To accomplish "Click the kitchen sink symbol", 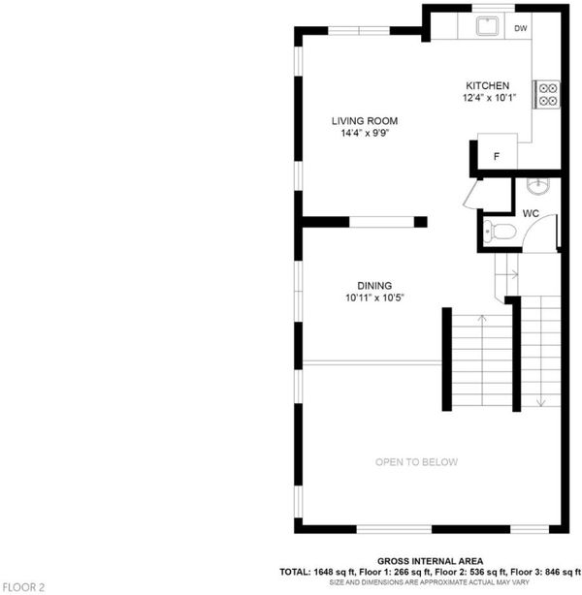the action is point(487,25).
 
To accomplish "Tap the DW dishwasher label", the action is point(521,28).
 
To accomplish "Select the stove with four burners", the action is point(546,95).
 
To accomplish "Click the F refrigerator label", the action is point(496,156).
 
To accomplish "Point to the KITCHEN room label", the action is point(487,85).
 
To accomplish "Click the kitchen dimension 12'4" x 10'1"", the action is point(489,98).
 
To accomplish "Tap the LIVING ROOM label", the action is point(365,121).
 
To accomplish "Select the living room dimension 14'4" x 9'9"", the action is point(365,133).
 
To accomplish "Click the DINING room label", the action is point(374,286).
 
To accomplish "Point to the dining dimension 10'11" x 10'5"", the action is point(374,297).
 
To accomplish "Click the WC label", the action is point(531,213).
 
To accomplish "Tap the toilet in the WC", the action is point(500,231).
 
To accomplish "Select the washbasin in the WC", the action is point(538,185).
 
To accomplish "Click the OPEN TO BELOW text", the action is point(416,462).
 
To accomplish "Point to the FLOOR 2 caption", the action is point(23,587).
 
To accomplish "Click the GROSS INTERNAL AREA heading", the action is point(430,561).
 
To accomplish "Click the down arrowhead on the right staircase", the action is point(540,403).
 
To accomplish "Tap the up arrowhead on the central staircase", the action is point(482,318).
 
